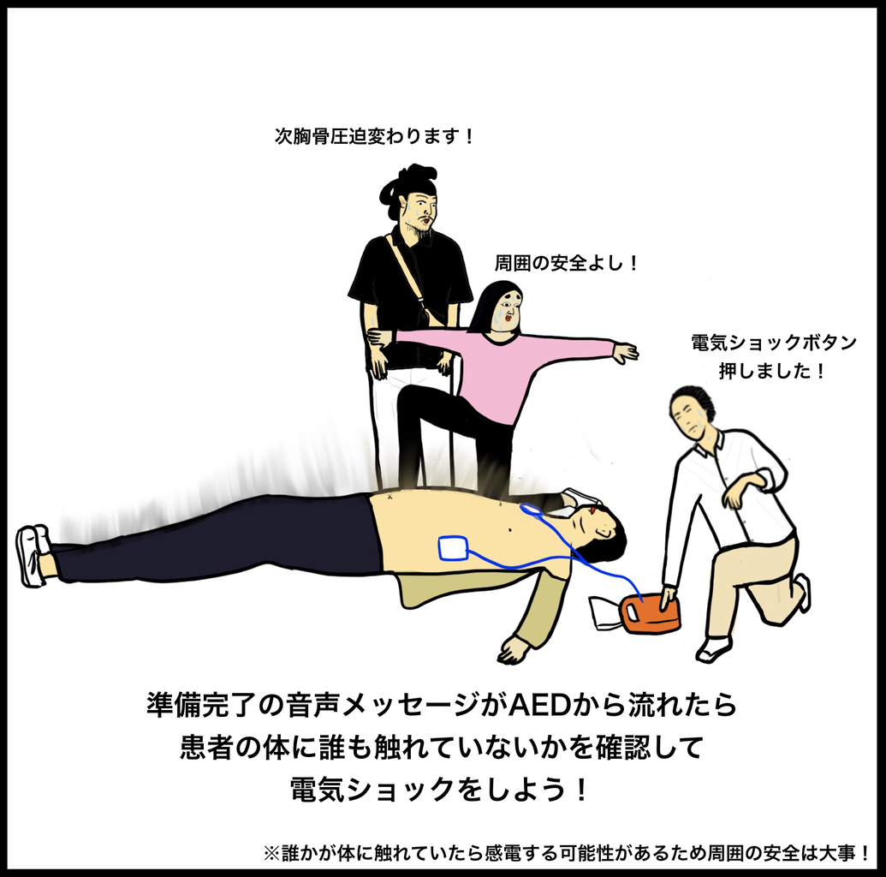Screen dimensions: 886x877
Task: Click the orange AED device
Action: [650, 613]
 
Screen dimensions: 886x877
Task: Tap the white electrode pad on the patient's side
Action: [454, 548]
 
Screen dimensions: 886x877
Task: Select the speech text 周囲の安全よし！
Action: [566, 263]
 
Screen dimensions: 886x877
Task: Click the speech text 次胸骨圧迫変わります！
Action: [373, 136]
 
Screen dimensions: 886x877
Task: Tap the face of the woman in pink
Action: [507, 310]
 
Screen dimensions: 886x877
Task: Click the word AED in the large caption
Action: [538, 705]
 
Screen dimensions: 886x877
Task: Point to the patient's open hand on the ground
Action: [514, 650]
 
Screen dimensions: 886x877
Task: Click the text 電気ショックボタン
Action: [774, 343]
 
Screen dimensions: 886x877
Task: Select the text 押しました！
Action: [772, 372]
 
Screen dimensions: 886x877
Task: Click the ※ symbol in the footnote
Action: [271, 853]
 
